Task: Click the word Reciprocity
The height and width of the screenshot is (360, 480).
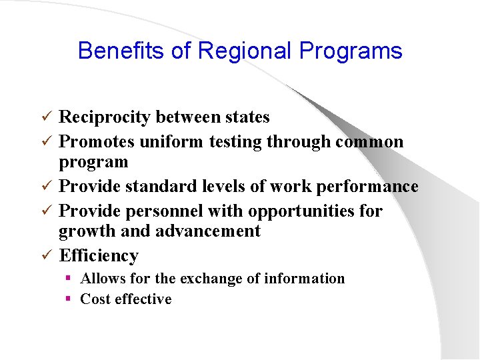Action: tap(105, 117)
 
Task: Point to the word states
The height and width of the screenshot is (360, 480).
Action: tap(247, 117)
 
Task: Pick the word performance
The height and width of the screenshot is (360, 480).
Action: tap(367, 187)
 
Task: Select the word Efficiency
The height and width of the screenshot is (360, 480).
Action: tap(99, 255)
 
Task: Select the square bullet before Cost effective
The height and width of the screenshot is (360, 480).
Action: tap(68, 299)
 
